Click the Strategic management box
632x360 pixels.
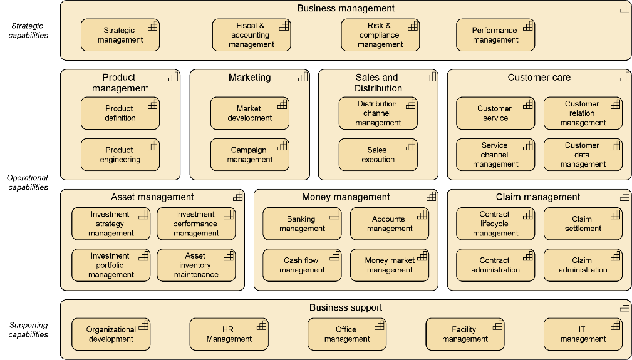pos(120,35)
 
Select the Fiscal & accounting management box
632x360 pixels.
pos(251,35)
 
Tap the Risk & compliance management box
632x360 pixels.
pos(380,35)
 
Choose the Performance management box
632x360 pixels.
pos(495,35)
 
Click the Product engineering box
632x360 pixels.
pos(120,155)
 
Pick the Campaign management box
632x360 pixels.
pos(249,155)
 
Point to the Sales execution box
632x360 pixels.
pos(378,155)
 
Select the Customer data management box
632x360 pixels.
pos(583,155)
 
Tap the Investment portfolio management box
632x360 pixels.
pos(111,265)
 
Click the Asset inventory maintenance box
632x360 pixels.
pos(196,265)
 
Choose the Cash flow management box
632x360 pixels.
pos(302,265)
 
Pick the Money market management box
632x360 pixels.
pos(389,265)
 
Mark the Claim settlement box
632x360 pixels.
pos(583,224)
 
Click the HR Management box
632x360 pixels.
pos(229,334)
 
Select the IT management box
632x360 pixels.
pos(583,334)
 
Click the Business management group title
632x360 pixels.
pos(346,8)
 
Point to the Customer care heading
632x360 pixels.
pos(539,78)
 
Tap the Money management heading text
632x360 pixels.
pos(346,197)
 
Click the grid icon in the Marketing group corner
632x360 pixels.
pos(303,76)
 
